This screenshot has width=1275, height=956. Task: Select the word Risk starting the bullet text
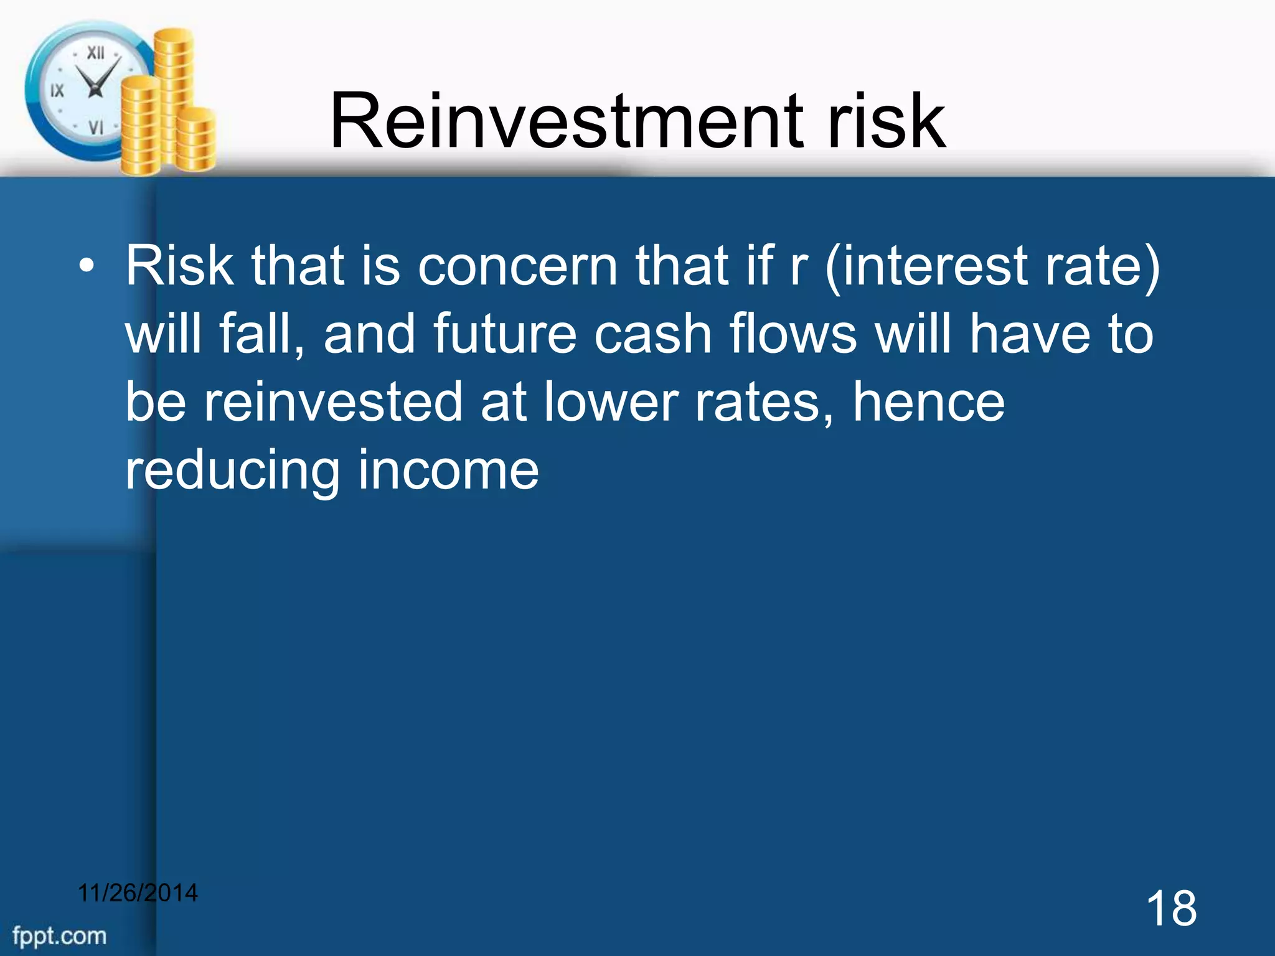coord(179,266)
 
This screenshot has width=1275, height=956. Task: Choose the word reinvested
coord(333,403)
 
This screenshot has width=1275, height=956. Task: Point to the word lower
coord(611,403)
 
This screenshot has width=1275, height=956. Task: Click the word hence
coord(928,403)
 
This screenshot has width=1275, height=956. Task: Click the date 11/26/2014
coord(138,893)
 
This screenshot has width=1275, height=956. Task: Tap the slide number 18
coord(1170,909)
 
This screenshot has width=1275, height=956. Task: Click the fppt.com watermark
coord(60,935)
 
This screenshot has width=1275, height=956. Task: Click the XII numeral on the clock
coord(95,53)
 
